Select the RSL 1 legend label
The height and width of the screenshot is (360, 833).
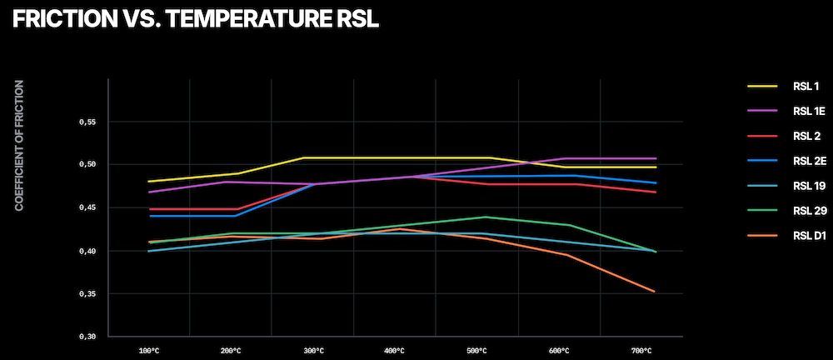(806, 86)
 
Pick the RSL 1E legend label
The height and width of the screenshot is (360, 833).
(809, 111)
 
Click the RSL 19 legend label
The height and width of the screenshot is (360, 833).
(809, 186)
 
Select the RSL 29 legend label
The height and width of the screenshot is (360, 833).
(809, 211)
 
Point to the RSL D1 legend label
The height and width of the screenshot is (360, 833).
(809, 236)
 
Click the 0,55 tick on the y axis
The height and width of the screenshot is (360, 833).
(87, 122)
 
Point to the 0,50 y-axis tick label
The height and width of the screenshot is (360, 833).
(87, 165)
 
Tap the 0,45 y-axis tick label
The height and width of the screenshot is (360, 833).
(87, 208)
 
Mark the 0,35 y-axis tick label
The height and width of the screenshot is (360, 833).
(87, 294)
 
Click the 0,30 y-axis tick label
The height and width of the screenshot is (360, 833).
(87, 337)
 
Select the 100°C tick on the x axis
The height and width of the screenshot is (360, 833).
(148, 351)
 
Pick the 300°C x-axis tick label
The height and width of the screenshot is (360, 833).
(312, 351)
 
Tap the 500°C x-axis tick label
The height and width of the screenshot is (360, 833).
(477, 351)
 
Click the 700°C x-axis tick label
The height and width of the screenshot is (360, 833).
(641, 351)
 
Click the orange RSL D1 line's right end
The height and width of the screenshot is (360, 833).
(656, 292)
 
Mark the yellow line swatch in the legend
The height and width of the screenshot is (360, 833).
(761, 86)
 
